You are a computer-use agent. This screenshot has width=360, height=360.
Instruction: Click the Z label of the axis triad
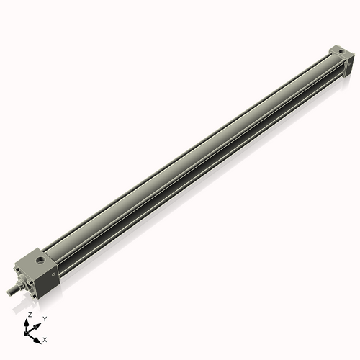[30, 315]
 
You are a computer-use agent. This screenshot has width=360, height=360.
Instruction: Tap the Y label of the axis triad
[44, 318]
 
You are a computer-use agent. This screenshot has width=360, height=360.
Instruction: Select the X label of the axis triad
[45, 338]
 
